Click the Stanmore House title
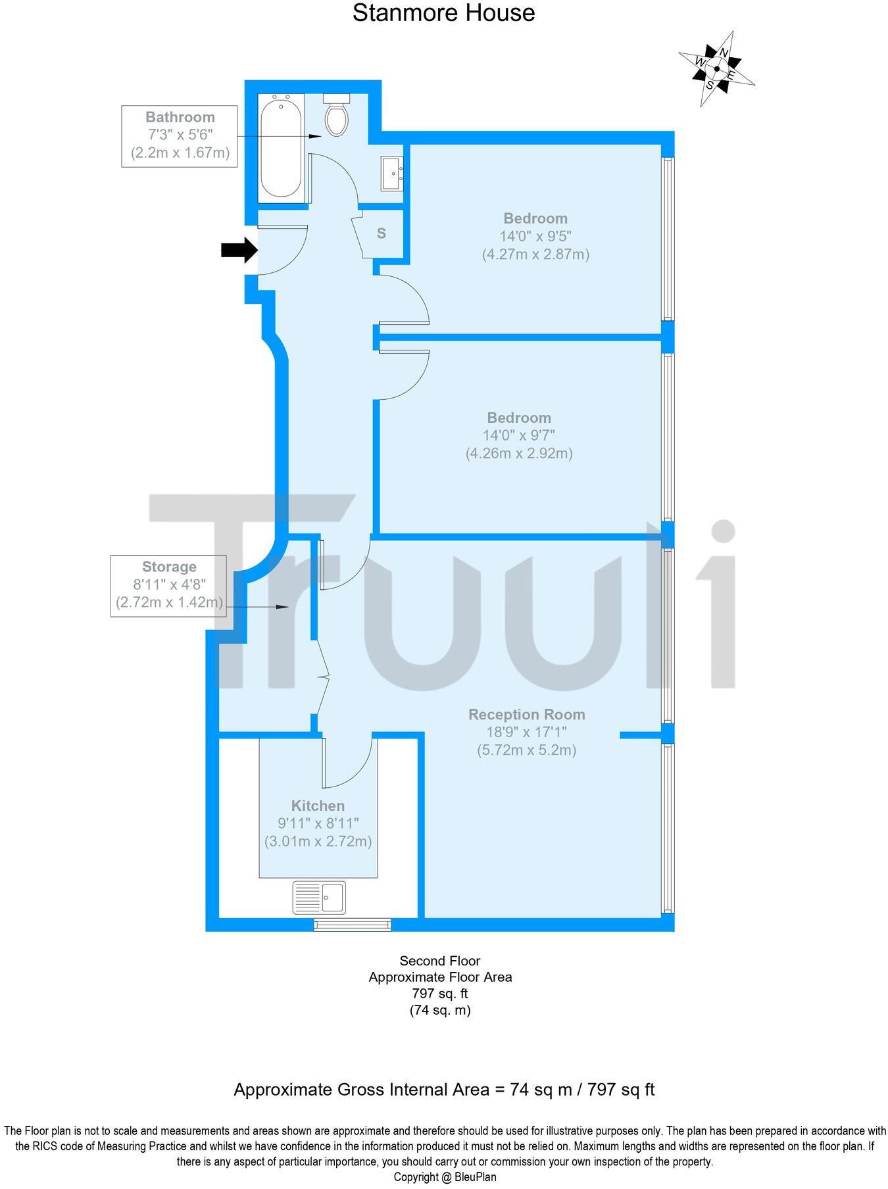443,12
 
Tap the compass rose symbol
716,68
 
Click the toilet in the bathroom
337,116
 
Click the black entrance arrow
238,249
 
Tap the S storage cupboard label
382,233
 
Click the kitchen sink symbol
318,898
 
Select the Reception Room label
526,714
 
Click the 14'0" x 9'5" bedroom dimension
535,236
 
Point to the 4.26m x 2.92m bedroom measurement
519,453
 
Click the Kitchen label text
318,806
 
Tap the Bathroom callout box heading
180,117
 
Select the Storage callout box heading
169,567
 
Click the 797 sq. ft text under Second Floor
440,994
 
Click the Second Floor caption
440,961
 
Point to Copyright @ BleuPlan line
445,1177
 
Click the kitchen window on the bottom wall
352,924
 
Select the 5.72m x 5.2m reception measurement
526,750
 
